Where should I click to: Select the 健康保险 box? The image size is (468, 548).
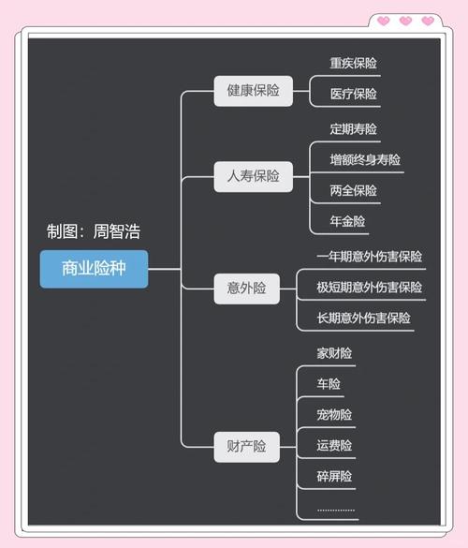coord(253,91)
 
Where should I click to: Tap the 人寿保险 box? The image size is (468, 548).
coord(253,176)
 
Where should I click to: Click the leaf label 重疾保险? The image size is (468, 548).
coord(353,64)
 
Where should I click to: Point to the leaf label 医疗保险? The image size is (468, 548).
coord(353,94)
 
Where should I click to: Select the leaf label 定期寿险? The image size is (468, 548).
coord(353,129)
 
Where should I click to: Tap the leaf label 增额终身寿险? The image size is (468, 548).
coord(365,160)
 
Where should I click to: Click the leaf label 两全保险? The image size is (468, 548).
coord(353,191)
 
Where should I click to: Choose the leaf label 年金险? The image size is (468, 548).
coord(347,222)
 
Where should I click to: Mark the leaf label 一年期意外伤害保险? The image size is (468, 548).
coord(369,257)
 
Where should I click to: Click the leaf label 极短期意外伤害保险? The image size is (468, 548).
coord(369,288)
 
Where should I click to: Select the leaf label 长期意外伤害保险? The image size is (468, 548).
coord(363,318)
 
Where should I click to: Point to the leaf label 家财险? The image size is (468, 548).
coord(334,354)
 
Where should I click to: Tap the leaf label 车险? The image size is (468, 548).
coord(329,384)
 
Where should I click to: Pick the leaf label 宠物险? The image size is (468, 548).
coord(334,415)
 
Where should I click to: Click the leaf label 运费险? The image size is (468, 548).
coord(334,446)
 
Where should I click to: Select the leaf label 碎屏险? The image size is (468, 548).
coord(334,477)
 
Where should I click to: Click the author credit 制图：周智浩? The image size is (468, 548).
coord(94,231)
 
